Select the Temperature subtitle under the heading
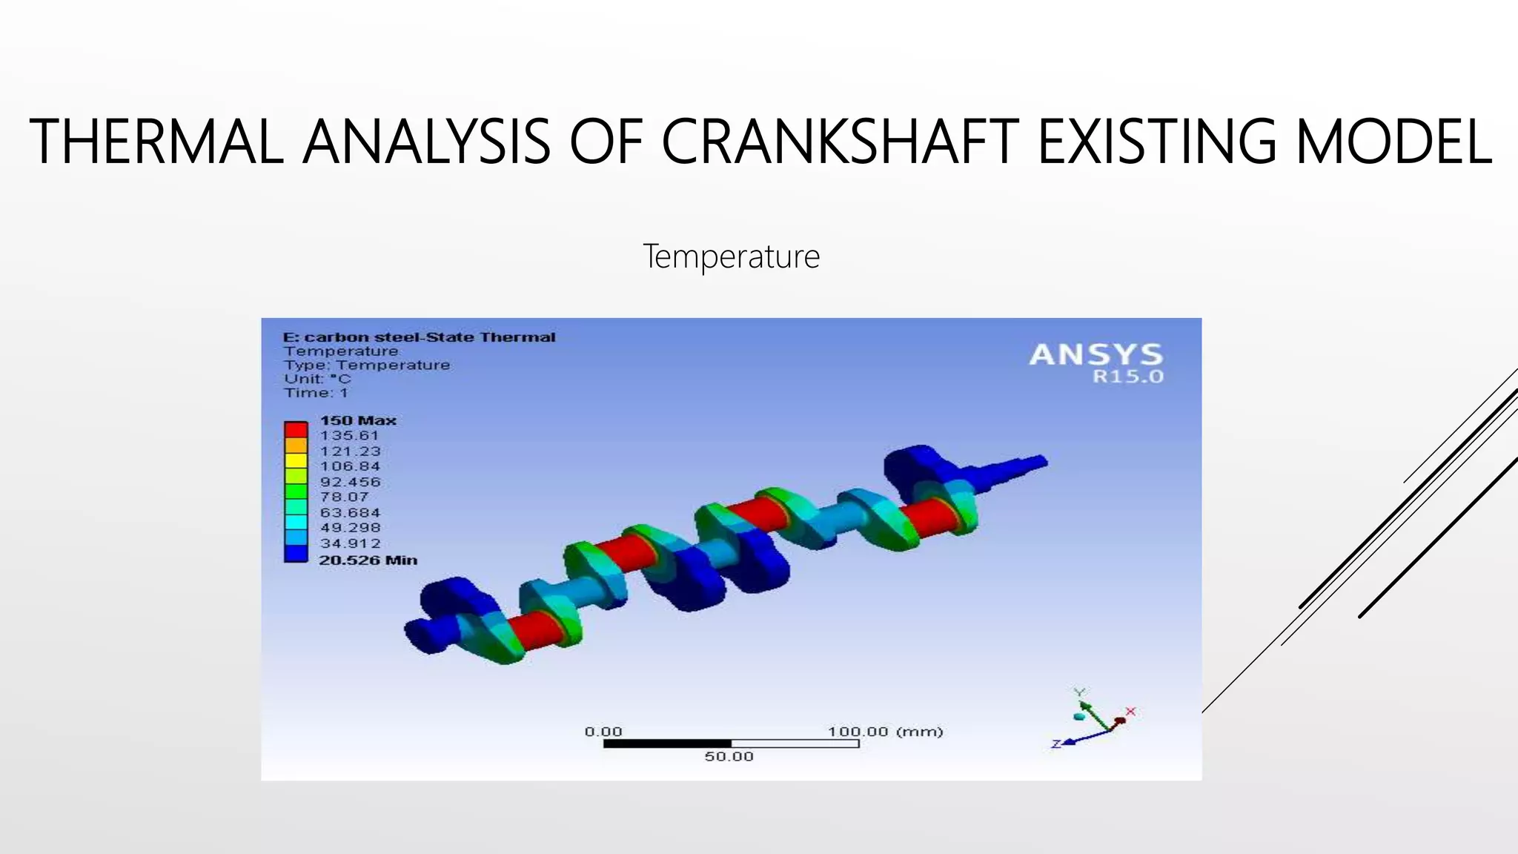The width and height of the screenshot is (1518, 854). [x=731, y=256]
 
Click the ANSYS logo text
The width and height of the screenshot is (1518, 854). [x=1096, y=354]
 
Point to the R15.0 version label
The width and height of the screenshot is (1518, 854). [x=1127, y=377]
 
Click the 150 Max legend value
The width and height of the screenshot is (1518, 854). [x=358, y=420]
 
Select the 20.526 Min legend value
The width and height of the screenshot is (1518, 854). [x=368, y=560]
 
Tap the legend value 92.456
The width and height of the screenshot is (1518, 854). [x=350, y=482]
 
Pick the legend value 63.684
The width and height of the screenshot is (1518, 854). [x=350, y=513]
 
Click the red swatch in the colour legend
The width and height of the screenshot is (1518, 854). [x=296, y=429]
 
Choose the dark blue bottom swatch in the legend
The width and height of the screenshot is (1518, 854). [x=296, y=554]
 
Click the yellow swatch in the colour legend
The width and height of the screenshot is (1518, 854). [x=296, y=460]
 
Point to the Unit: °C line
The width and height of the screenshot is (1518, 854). [x=317, y=379]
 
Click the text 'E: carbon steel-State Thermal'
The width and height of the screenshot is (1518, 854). [x=419, y=337]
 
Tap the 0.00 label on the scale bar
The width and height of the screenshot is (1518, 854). [x=603, y=732]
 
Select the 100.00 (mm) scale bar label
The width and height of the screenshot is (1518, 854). [x=885, y=732]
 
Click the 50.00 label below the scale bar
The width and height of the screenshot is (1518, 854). [x=729, y=757]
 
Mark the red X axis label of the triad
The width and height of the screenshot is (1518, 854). [x=1130, y=712]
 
